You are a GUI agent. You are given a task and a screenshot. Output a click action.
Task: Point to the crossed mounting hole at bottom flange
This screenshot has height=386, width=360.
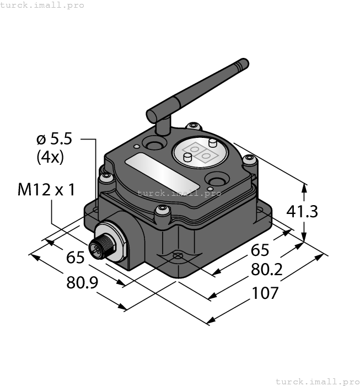[178, 256]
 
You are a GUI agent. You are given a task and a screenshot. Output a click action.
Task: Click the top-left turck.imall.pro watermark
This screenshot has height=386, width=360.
[42, 5]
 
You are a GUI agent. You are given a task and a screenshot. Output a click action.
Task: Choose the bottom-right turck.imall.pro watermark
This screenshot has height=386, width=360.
[317, 381]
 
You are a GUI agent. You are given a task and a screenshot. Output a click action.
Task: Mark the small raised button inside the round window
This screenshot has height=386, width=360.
[188, 159]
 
